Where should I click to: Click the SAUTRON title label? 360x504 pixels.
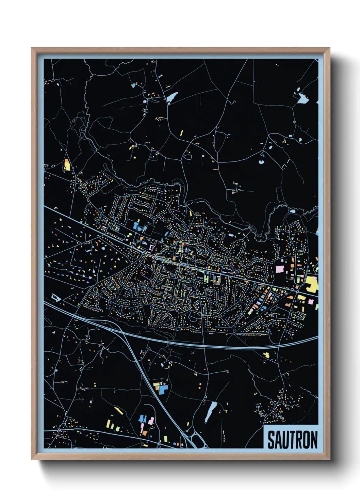292,439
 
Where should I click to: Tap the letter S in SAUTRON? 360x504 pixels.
272,440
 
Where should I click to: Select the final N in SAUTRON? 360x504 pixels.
313,440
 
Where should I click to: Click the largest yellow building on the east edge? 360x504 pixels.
311,284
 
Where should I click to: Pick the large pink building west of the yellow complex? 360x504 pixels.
280,269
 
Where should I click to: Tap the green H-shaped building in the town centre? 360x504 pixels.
206,278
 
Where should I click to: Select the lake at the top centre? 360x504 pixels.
172,97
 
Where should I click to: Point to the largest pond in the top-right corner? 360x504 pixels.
302,99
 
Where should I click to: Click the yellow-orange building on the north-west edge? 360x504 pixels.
67,165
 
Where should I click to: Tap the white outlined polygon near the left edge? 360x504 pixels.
56,297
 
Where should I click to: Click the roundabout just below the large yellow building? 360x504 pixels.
297,292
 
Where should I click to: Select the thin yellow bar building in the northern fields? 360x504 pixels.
182,132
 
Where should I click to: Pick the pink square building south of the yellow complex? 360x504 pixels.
311,301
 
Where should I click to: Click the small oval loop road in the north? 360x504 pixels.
187,157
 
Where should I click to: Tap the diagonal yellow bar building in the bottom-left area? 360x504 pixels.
118,410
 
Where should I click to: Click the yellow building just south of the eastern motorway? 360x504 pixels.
266,355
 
